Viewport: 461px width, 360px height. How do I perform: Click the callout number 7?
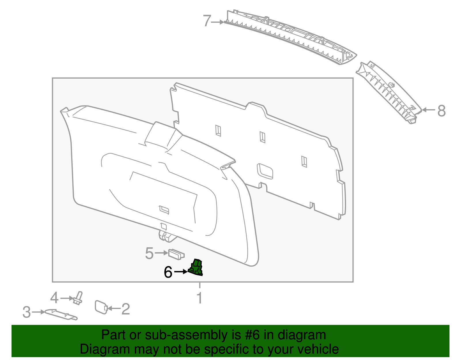[x=207, y=21]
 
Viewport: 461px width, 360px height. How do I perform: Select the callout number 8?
[x=441, y=111]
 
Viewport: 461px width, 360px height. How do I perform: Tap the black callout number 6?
[x=168, y=272]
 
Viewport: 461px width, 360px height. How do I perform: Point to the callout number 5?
[x=149, y=253]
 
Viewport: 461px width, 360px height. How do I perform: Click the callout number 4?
[x=54, y=298]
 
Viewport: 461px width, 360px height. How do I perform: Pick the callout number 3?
[x=27, y=312]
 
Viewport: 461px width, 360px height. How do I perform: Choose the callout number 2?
[x=126, y=309]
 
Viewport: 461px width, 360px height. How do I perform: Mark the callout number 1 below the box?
[x=199, y=298]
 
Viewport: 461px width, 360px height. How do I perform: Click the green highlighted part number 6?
[x=196, y=267]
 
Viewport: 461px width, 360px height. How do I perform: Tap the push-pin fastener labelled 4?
[x=78, y=298]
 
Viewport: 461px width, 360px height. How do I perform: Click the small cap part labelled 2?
[x=101, y=307]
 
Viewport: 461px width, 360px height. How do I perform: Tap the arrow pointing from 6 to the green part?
[x=181, y=272]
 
